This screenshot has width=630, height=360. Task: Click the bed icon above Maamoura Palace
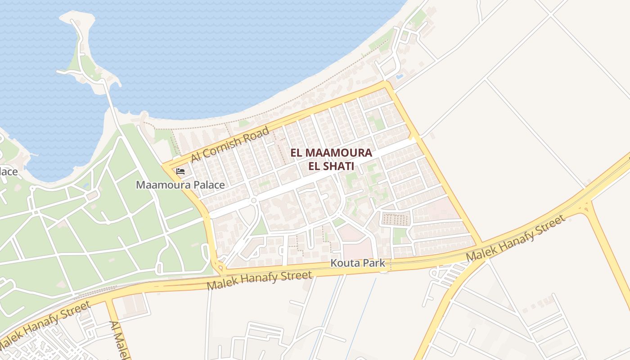pyautogui.click(x=180, y=171)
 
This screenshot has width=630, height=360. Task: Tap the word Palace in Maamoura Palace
pyautogui.click(x=209, y=185)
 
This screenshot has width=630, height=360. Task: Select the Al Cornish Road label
pyautogui.click(x=230, y=144)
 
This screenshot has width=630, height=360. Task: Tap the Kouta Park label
pyautogui.click(x=358, y=263)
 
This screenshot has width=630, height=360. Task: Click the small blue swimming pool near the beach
pyautogui.click(x=399, y=76)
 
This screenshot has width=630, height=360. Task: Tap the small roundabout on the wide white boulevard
pyautogui.click(x=254, y=200)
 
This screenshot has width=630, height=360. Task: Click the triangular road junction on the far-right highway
pyautogui.click(x=586, y=207)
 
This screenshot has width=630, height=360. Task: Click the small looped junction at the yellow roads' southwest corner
pyautogui.click(x=220, y=268)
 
